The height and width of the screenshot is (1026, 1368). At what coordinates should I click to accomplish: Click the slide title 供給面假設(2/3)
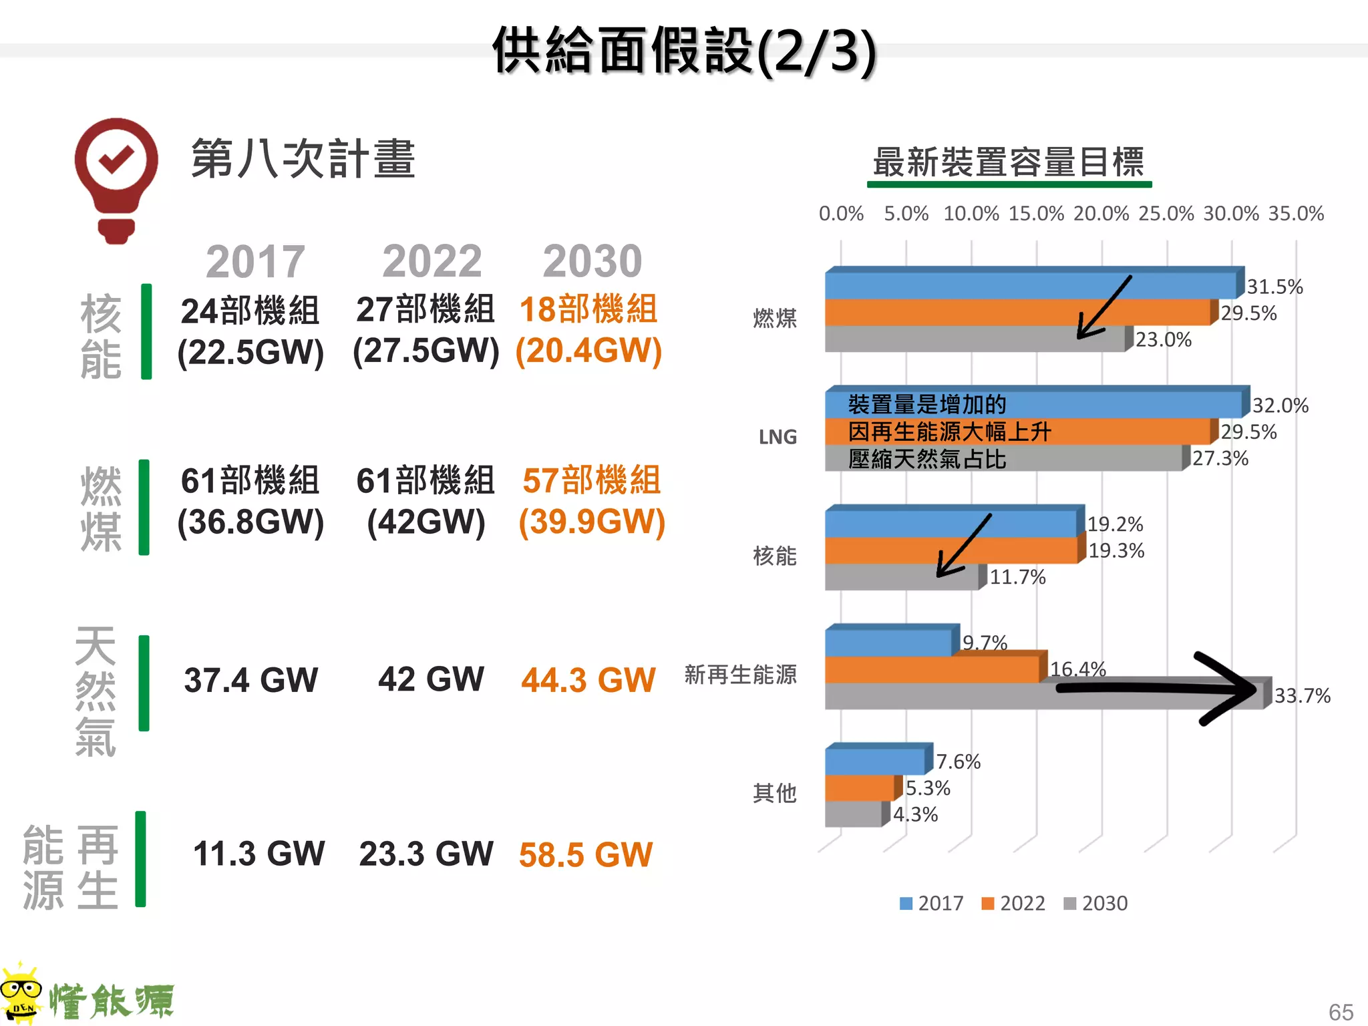click(x=684, y=51)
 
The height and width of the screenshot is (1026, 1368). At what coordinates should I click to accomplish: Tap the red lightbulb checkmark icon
click(x=116, y=179)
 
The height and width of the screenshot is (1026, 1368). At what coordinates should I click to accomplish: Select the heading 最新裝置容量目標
click(x=1009, y=162)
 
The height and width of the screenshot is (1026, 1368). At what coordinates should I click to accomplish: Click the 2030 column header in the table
click(x=592, y=261)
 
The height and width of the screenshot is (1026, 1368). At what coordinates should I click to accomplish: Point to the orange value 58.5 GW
click(x=586, y=854)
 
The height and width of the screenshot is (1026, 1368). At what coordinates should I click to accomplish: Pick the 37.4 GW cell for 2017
click(x=250, y=680)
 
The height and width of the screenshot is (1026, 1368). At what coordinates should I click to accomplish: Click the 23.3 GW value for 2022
click(x=426, y=854)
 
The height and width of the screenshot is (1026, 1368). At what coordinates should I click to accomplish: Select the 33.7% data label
click(x=1302, y=696)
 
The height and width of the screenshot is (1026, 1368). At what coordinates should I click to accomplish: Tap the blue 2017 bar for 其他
click(x=875, y=761)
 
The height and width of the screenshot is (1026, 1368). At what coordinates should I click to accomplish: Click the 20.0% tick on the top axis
click(x=1101, y=214)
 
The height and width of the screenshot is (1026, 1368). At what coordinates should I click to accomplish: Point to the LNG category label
click(x=778, y=437)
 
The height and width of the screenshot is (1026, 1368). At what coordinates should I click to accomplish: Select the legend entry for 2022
click(x=1013, y=903)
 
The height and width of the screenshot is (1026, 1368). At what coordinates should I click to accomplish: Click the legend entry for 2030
click(x=1095, y=903)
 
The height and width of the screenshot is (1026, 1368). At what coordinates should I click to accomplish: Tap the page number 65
click(x=1341, y=1012)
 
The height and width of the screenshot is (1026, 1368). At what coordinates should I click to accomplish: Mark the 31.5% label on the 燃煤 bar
click(x=1274, y=287)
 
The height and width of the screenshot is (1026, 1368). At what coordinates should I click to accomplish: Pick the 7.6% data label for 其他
click(x=958, y=761)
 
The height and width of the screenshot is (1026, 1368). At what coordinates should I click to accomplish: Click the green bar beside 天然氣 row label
click(x=144, y=683)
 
